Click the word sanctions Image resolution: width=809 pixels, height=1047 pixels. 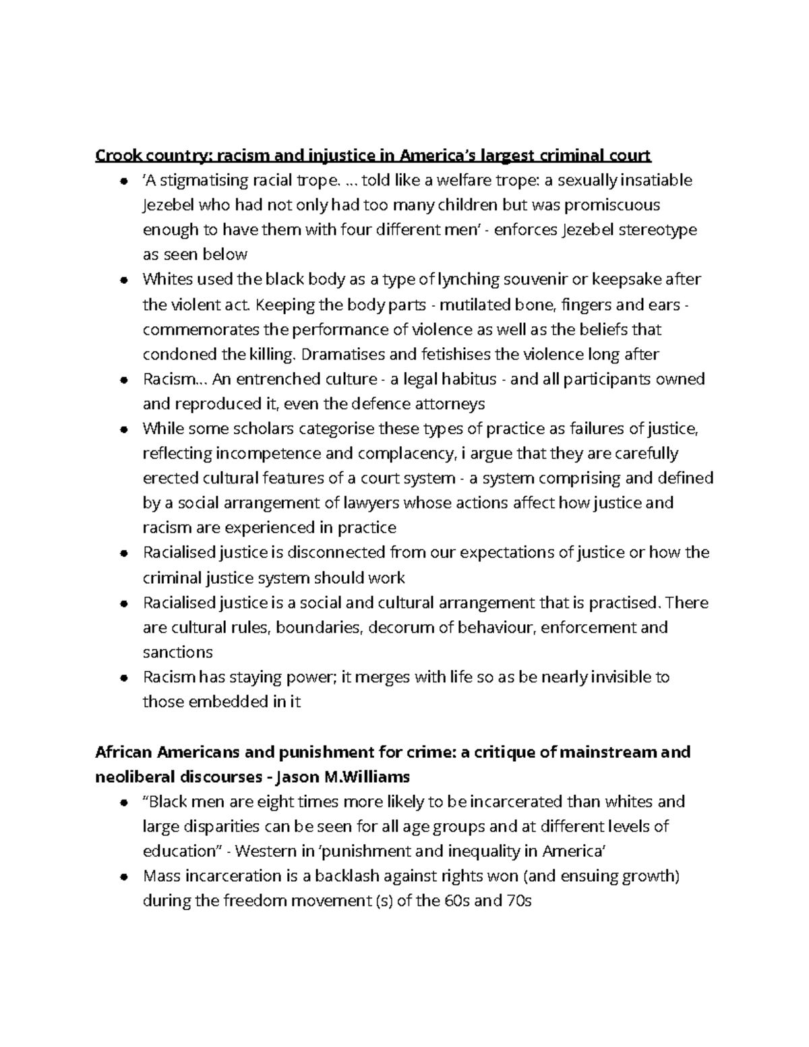click(177, 653)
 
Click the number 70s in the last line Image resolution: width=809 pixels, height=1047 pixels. click(518, 901)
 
